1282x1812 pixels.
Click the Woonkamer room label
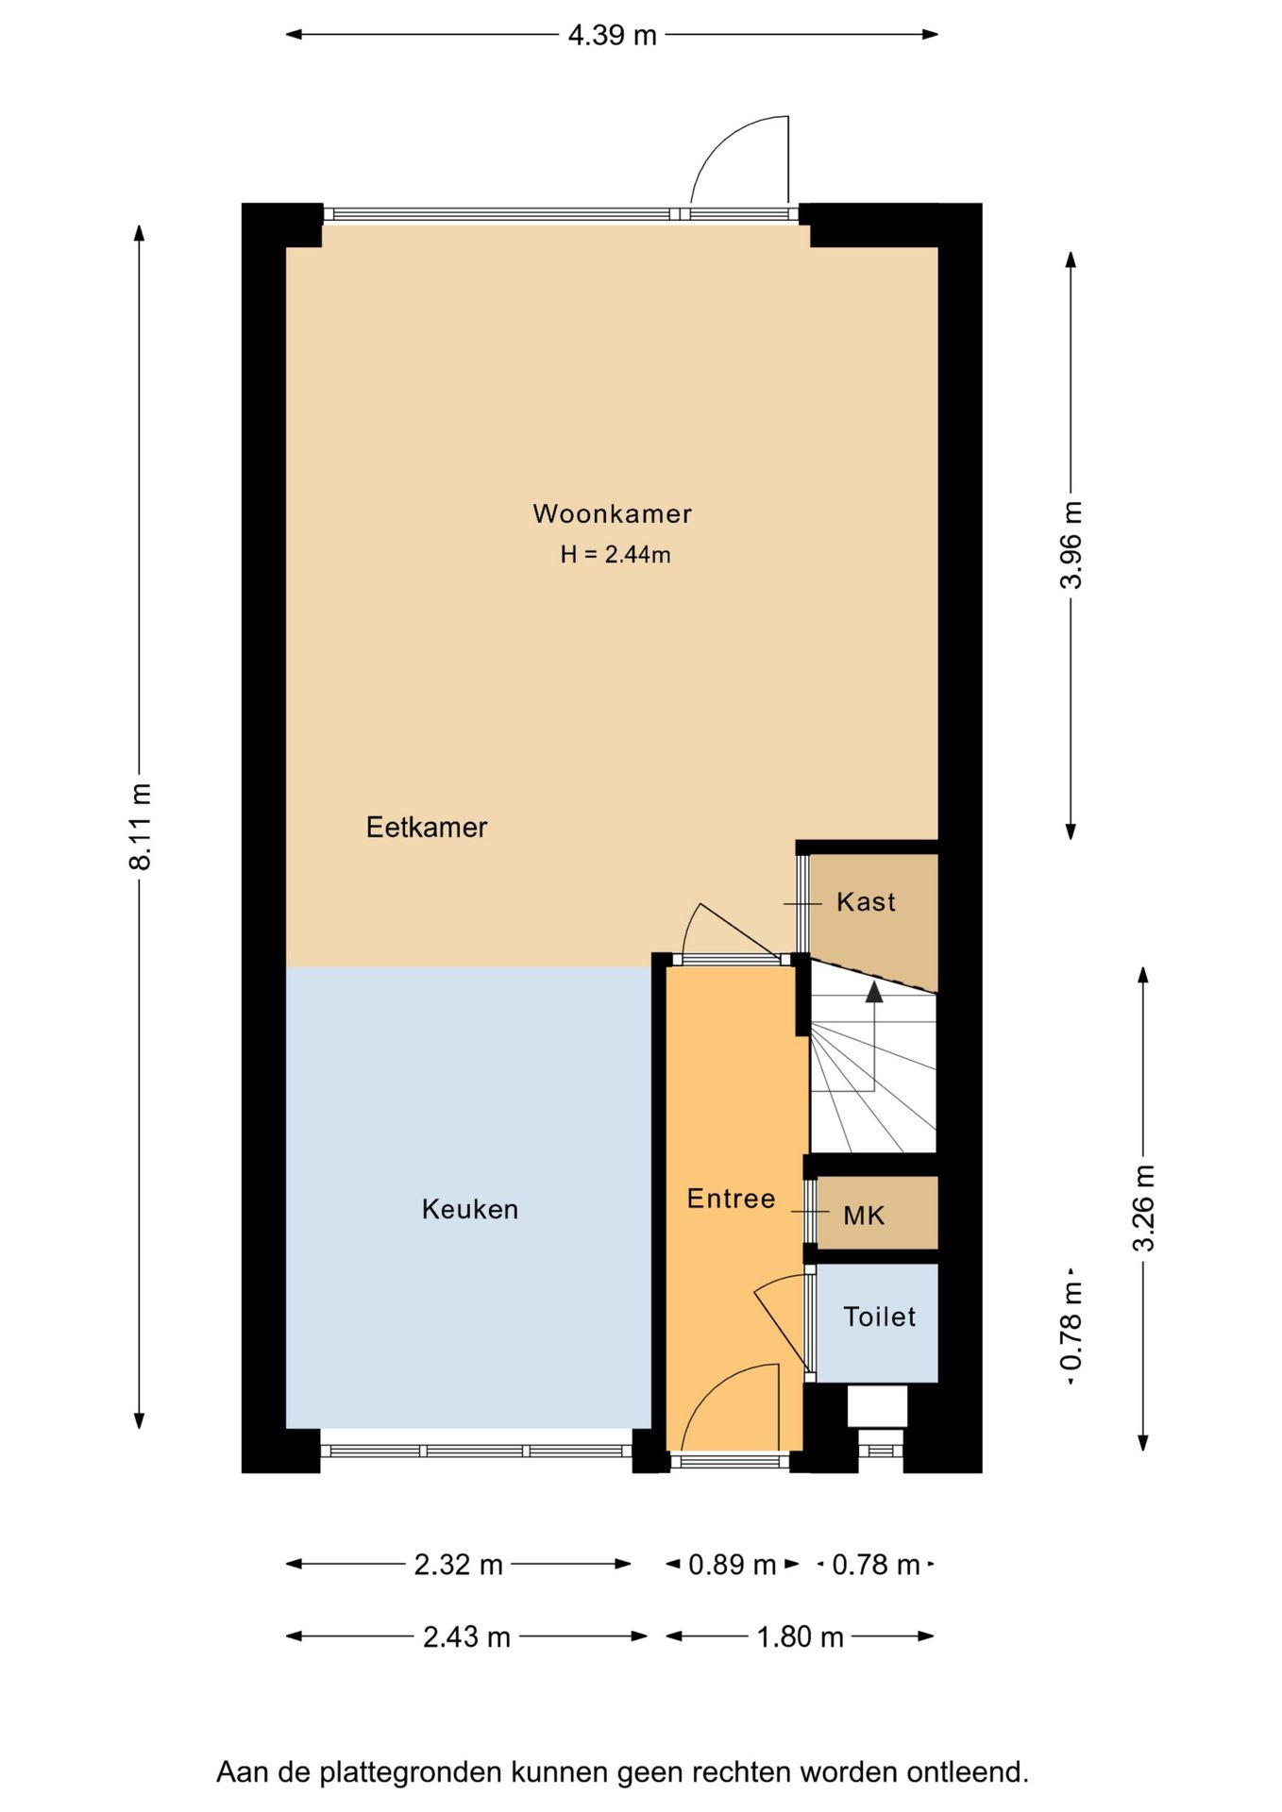click(612, 514)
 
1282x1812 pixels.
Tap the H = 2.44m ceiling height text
click(616, 555)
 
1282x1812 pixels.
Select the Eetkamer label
click(427, 828)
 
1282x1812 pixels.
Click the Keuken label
click(470, 1210)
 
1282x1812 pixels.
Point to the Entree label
click(731, 1199)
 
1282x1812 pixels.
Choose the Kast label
click(866, 902)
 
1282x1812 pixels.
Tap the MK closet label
click(864, 1216)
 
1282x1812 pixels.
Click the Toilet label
click(879, 1317)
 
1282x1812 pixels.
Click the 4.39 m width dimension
click(612, 35)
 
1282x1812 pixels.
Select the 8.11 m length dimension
click(140, 827)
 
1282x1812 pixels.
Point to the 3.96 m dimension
click(1071, 545)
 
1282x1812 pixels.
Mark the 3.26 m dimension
click(1143, 1209)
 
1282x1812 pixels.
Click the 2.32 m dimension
click(458, 1565)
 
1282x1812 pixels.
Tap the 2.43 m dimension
click(466, 1636)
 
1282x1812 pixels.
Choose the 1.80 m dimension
click(800, 1636)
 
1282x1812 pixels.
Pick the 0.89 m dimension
click(732, 1565)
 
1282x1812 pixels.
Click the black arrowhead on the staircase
click(874, 991)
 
